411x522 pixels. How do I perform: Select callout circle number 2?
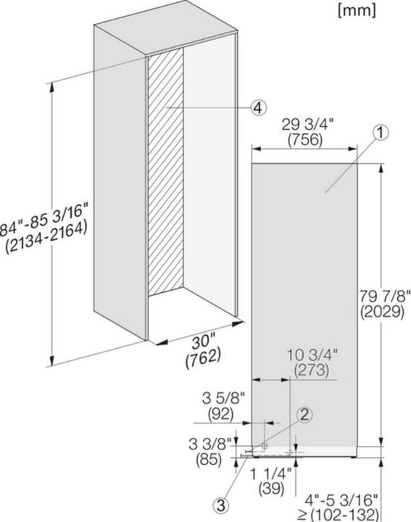tap(305, 415)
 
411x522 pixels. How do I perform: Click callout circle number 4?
tap(257, 108)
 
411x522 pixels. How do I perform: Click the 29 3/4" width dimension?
tap(302, 123)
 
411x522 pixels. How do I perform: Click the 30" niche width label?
tap(204, 340)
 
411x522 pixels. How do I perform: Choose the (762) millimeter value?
tap(204, 356)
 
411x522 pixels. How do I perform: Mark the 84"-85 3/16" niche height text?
tap(43, 211)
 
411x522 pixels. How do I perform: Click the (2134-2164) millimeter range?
tap(45, 228)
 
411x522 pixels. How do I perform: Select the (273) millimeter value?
tap(311, 370)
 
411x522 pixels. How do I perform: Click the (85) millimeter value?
tap(210, 458)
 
